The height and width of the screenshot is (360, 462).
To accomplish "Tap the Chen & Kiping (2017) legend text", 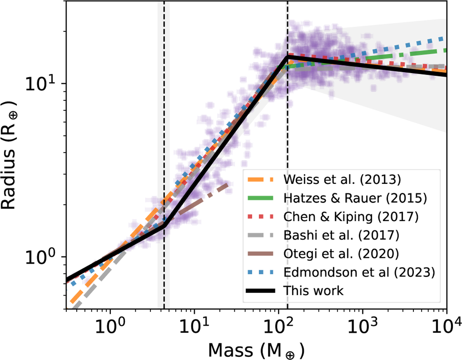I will [x=351, y=217].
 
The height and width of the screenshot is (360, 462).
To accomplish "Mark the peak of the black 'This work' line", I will [x=287, y=57].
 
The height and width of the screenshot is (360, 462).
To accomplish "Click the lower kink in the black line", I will [x=164, y=225].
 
